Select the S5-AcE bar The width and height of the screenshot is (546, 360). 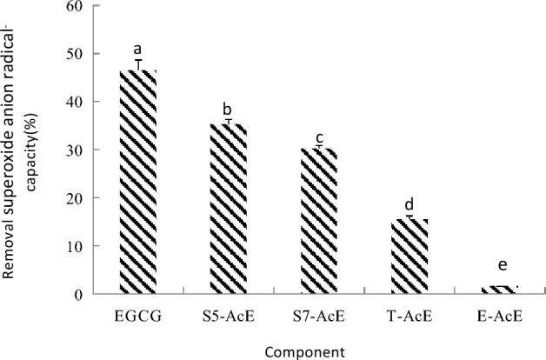tap(229, 209)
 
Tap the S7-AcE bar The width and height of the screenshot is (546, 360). tap(319, 221)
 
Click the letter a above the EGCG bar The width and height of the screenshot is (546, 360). tap(137, 50)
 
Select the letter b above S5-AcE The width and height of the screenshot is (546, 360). tap(228, 110)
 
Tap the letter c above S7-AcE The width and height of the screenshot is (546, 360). tap(319, 137)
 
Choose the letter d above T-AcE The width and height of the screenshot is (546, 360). tap(409, 204)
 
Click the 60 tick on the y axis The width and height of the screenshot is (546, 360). tap(77, 6)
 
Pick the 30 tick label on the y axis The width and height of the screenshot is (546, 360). tap(77, 150)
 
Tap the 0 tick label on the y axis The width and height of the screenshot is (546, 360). tap(80, 295)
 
